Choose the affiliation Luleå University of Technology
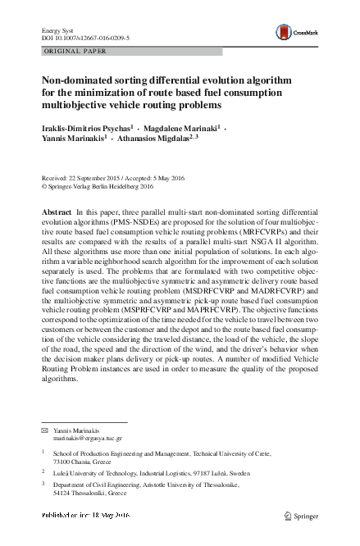(98, 472)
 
